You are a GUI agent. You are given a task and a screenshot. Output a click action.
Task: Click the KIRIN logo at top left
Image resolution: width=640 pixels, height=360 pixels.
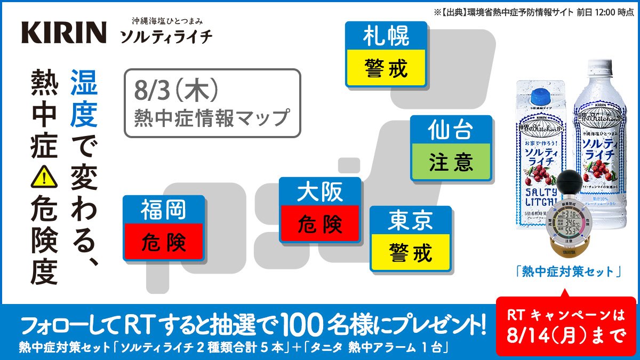pos(63,33)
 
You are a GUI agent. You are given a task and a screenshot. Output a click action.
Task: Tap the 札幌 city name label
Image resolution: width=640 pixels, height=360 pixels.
pos(386,37)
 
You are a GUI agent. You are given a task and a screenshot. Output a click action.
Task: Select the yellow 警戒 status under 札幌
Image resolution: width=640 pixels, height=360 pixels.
pos(386,68)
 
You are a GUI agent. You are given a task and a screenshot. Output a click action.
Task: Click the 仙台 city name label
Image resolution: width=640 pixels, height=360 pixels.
pos(451,131)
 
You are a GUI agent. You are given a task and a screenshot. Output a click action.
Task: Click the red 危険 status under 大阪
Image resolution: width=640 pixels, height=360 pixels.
pos(320,225)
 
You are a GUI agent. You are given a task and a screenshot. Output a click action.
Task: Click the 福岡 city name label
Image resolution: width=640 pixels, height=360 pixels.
pos(164,210)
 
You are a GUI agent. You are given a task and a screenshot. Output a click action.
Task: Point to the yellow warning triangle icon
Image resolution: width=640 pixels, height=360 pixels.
pos(44,177)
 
